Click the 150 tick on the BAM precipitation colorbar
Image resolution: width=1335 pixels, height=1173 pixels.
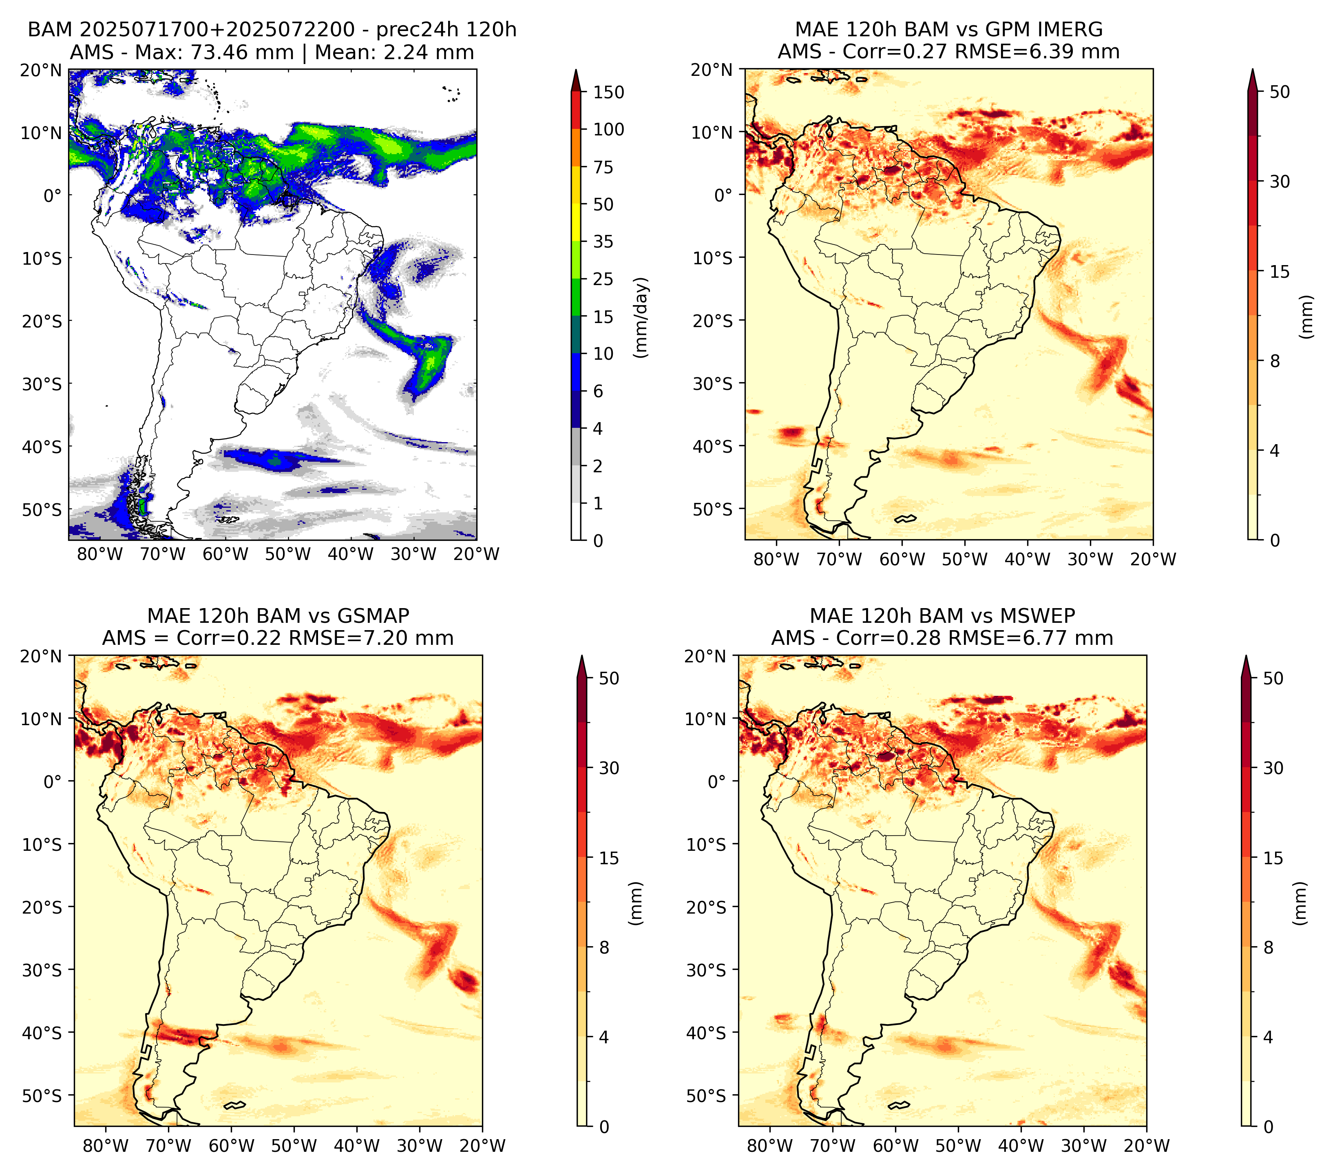tap(608, 92)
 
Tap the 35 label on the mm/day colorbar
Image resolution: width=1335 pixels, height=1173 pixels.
tap(603, 241)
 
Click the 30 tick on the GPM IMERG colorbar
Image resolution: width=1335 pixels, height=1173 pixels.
tap(1280, 181)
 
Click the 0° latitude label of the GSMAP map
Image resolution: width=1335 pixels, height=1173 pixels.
tap(53, 781)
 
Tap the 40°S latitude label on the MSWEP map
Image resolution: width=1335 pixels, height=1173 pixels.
tap(707, 1033)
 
